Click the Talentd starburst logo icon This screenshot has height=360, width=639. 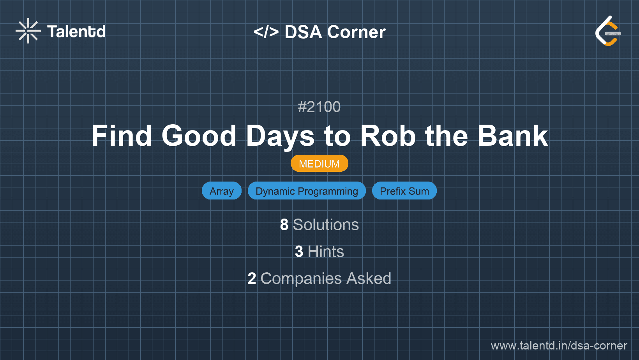[28, 31]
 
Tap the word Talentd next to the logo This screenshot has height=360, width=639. [76, 32]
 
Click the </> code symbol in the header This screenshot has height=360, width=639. [266, 32]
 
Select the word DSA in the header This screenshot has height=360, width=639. [303, 32]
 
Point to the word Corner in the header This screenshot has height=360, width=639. [356, 32]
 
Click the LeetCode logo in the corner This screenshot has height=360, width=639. [607, 31]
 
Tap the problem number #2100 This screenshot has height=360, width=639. [319, 107]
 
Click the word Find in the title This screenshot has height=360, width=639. [122, 136]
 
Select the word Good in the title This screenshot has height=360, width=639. [199, 136]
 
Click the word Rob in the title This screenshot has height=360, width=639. [388, 136]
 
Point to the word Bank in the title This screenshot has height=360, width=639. [513, 136]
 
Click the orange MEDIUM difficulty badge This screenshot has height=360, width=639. [319, 164]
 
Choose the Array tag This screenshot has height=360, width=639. [222, 191]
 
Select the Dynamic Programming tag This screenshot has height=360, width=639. [307, 191]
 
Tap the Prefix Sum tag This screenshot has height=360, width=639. [404, 191]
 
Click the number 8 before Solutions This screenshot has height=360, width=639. [284, 225]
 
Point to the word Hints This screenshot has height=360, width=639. [326, 252]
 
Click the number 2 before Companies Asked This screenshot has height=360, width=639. [252, 279]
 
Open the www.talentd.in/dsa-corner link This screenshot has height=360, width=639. [559, 346]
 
